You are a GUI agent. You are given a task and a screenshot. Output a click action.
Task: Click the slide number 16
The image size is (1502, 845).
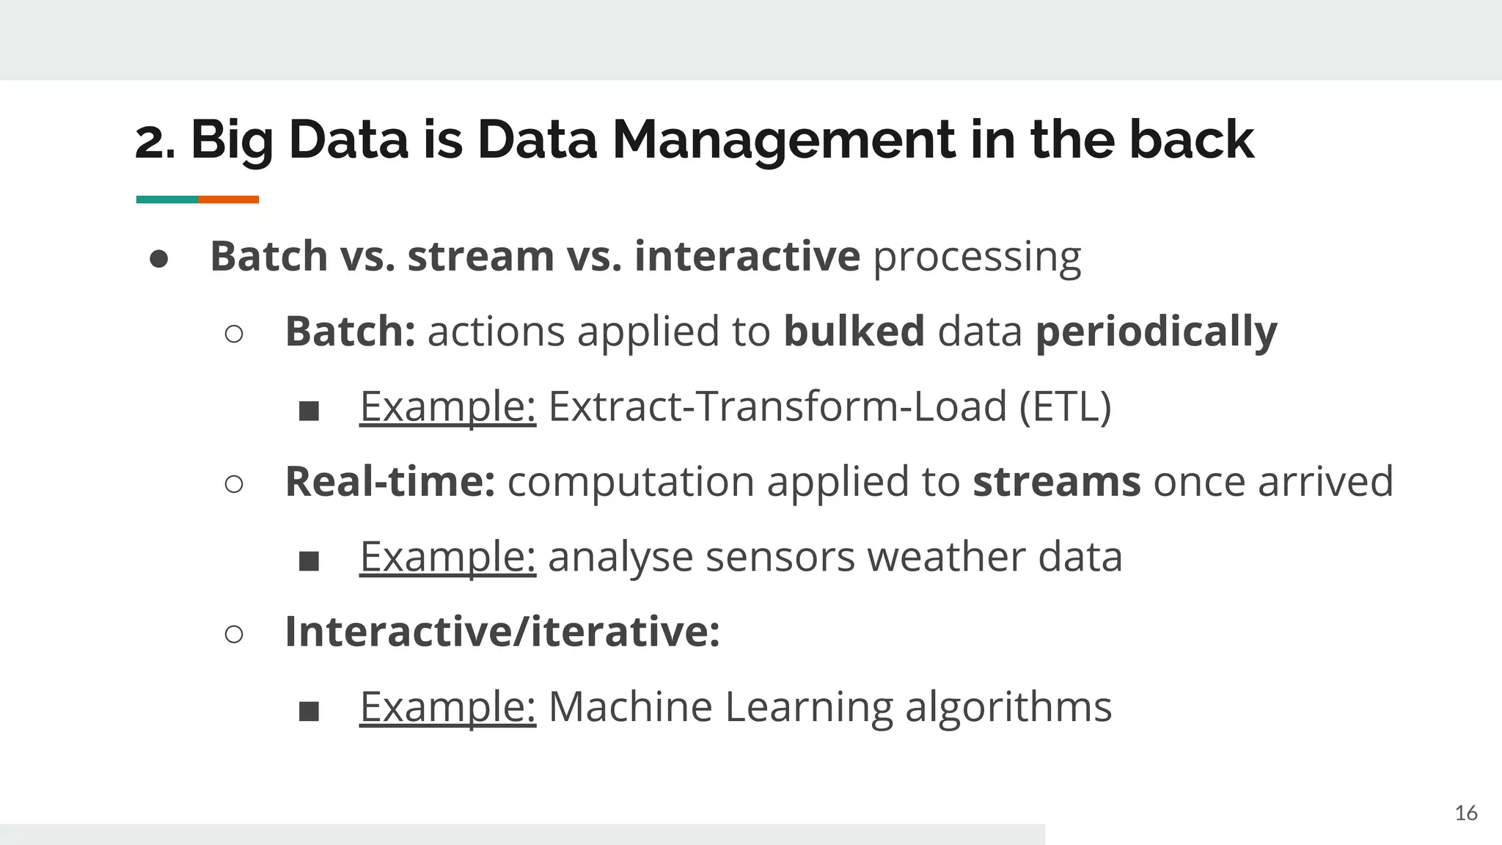(x=1465, y=813)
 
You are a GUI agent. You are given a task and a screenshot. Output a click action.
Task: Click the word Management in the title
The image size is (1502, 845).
(x=783, y=141)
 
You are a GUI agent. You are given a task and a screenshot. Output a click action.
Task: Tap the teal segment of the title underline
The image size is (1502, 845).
(x=166, y=200)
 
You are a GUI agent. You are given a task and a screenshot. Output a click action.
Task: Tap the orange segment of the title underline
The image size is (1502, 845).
(x=229, y=200)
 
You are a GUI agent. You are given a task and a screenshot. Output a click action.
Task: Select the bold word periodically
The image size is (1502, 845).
(x=1156, y=332)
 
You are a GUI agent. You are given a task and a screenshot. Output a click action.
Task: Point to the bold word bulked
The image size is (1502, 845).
(x=854, y=332)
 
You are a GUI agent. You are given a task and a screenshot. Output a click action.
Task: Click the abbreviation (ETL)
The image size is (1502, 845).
(x=1065, y=407)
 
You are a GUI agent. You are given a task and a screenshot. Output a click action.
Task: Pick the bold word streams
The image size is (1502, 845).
(x=1056, y=482)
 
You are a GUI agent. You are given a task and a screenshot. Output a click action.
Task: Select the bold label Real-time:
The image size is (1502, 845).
(x=390, y=482)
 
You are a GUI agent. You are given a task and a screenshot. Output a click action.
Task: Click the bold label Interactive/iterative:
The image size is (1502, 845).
(x=502, y=632)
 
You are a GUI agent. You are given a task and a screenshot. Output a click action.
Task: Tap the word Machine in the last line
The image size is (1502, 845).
(x=630, y=707)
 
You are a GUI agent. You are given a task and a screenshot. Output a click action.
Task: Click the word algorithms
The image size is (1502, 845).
(x=1008, y=707)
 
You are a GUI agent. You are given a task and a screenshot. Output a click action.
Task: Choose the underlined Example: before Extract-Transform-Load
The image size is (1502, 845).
(x=447, y=407)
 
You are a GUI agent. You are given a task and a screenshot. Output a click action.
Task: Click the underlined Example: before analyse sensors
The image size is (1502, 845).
(x=447, y=557)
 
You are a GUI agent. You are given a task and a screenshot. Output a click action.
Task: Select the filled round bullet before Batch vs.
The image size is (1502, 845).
(x=159, y=259)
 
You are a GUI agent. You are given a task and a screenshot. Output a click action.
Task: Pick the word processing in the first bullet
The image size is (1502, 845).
(x=977, y=257)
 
